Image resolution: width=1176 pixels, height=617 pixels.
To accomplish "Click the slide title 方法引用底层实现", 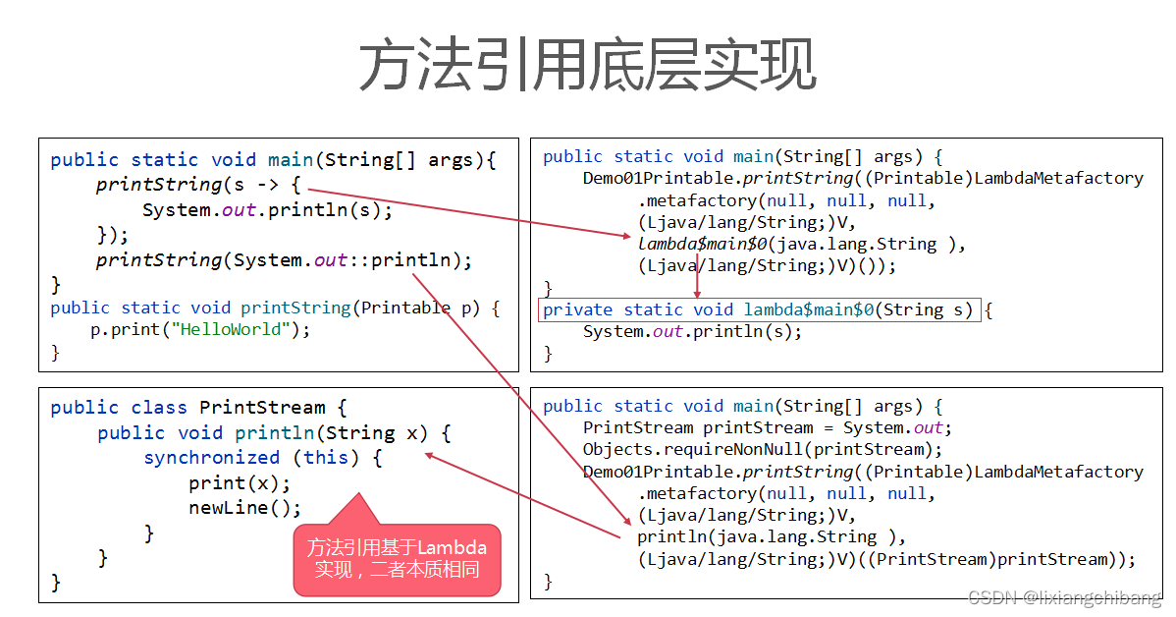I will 587,67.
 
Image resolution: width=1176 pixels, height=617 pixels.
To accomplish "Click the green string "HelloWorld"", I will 236,330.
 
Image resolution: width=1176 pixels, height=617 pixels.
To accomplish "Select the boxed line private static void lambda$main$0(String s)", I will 758,310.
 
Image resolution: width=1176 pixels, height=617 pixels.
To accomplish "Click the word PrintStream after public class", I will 262,408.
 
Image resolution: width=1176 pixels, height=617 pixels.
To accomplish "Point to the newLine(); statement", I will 245,508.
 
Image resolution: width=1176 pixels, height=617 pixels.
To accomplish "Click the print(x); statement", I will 240,483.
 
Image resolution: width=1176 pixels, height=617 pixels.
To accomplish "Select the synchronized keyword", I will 212,458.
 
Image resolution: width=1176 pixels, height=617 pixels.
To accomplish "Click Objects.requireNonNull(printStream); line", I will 762,450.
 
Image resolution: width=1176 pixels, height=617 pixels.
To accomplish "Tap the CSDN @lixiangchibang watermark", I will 1064,598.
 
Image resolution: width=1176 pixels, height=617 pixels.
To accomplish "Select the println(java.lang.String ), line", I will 770,537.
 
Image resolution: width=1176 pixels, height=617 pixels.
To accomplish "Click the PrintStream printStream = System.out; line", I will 768,428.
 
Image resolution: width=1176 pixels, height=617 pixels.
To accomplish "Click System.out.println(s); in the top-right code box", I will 692,332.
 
